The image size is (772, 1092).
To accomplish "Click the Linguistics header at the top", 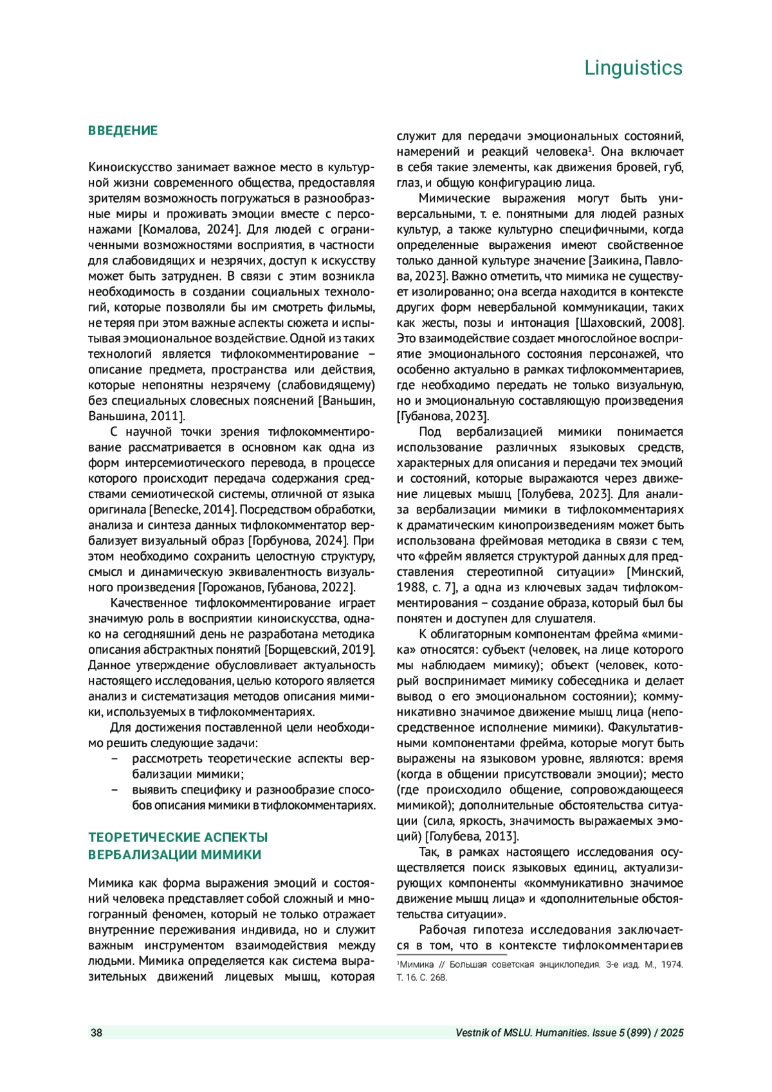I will (x=633, y=68).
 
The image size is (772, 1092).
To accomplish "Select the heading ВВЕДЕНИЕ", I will (x=122, y=131).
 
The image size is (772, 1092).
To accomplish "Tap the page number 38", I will (x=96, y=1033).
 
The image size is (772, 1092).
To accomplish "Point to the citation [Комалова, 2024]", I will (x=190, y=230).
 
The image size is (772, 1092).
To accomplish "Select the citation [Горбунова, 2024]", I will (x=299, y=541).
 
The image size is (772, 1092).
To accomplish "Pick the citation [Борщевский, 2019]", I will (x=320, y=650).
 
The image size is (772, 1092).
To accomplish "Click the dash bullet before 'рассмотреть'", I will (x=115, y=759).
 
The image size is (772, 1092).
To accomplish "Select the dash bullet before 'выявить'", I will (x=115, y=790).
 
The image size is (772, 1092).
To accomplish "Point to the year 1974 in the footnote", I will (x=672, y=965).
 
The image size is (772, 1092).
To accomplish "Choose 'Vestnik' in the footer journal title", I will (x=473, y=1033).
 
